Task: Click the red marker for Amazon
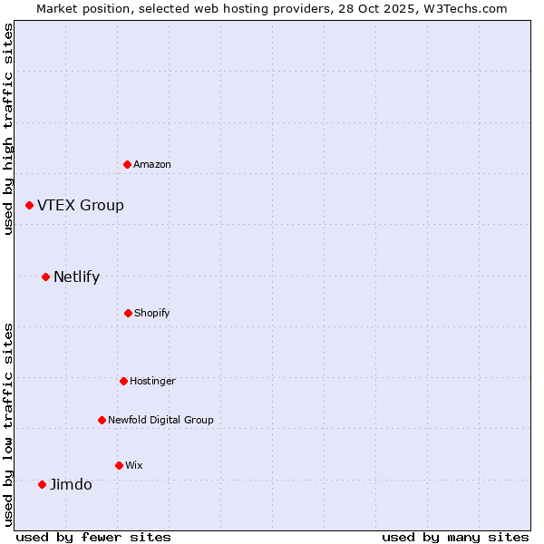(127, 164)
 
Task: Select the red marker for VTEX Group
(29, 206)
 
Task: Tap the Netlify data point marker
(45, 277)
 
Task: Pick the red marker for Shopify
(128, 313)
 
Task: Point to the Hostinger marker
(123, 381)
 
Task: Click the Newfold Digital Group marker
(102, 420)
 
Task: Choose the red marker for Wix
(119, 465)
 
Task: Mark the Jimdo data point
(42, 484)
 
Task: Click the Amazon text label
(152, 164)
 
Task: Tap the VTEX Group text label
(81, 205)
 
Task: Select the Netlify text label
(76, 277)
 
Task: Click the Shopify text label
(152, 313)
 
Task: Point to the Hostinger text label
(152, 381)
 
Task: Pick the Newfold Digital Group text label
(160, 420)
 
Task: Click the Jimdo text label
(71, 484)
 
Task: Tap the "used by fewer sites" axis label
(93, 537)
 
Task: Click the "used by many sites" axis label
(455, 537)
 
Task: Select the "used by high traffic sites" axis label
(8, 129)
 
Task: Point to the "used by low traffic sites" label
(8, 423)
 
